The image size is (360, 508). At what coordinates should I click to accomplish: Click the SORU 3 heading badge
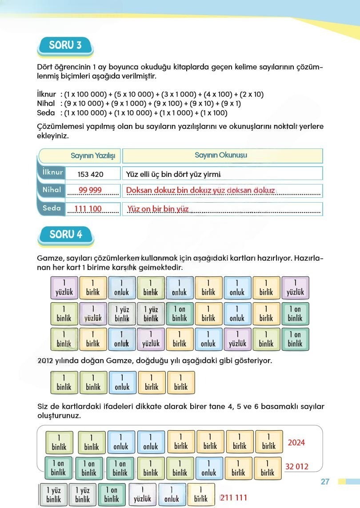pos(66,46)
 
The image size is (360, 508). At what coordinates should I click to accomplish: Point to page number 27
pos(325,482)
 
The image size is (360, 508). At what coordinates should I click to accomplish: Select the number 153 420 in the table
pos(90,174)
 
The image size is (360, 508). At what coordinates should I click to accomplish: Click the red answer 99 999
pos(90,190)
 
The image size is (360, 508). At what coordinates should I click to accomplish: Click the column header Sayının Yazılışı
pos(93,156)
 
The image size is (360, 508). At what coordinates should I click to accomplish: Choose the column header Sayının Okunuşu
pos(221,155)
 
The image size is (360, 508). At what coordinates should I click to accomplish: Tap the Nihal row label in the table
pos(52,190)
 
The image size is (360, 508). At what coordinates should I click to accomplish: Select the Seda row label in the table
pos(52,208)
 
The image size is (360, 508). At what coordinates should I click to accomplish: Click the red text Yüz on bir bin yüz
pos(158,209)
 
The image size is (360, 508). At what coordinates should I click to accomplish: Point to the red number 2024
pos(296,443)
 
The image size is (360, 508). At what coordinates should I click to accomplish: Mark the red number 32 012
pos(296,467)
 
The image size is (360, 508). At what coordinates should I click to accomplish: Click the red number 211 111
pos(233,497)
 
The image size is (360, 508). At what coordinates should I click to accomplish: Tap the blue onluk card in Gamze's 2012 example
pos(122,383)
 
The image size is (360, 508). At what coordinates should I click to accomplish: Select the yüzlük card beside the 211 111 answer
pos(143,495)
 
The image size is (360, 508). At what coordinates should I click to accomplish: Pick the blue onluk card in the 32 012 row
pos(209,468)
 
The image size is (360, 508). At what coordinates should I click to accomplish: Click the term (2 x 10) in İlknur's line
pos(252,94)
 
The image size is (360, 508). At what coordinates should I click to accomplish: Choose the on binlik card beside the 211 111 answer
pos(112,495)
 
